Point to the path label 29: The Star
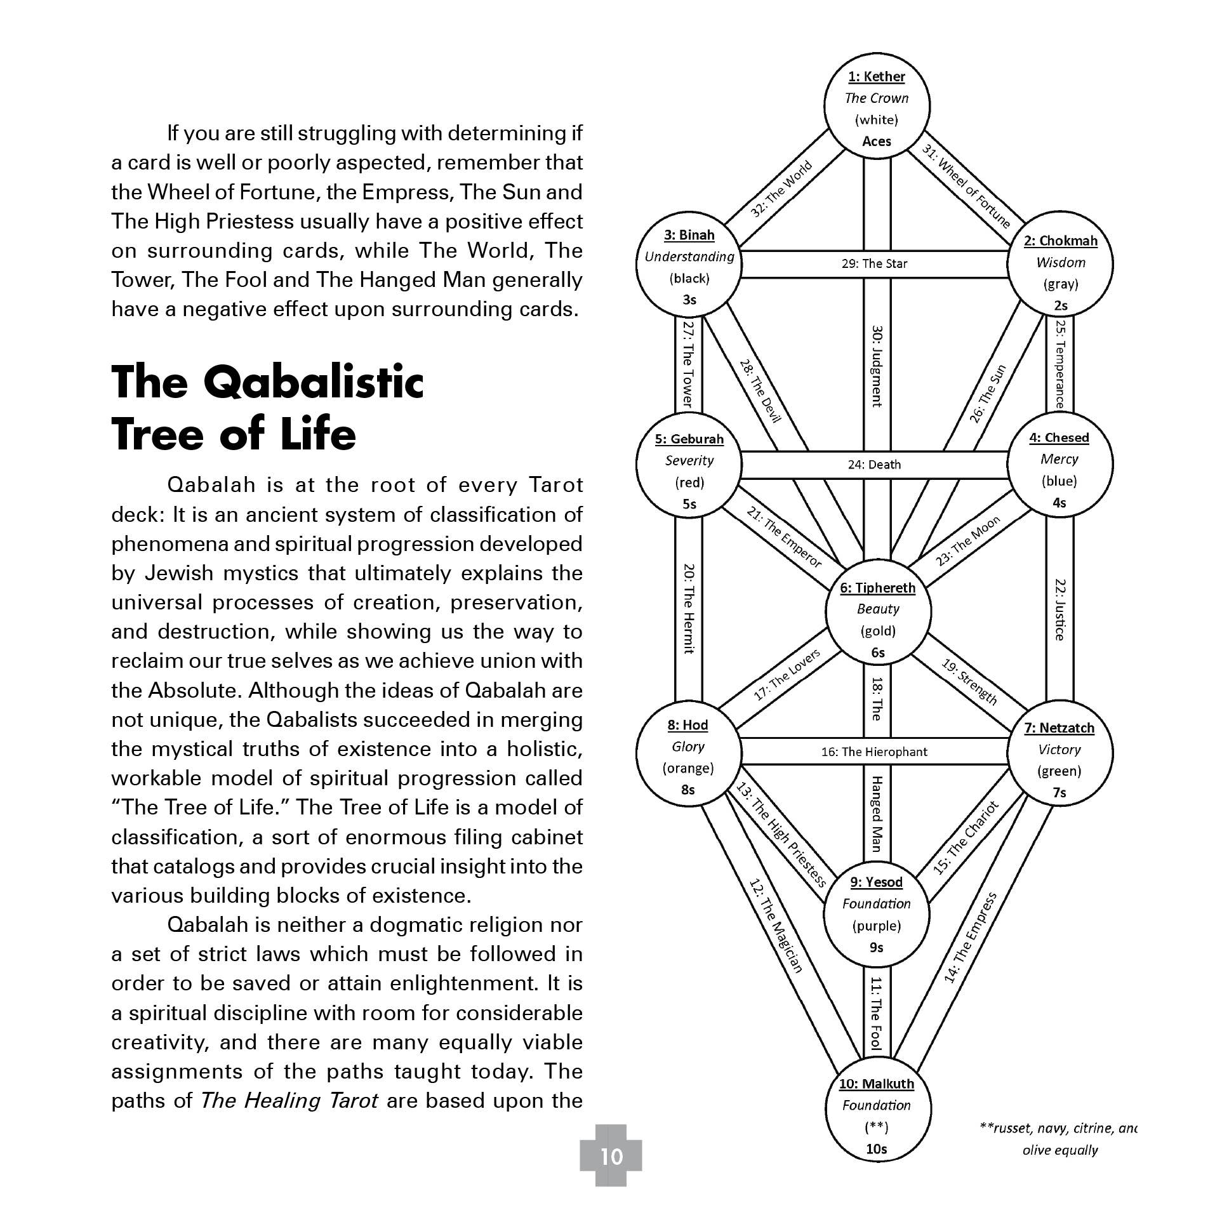(874, 263)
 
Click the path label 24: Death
(874, 465)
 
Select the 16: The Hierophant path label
(874, 752)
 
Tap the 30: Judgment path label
(877, 366)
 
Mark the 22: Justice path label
(1059, 609)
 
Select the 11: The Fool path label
(876, 1013)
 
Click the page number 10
(611, 1156)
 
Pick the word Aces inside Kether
(877, 142)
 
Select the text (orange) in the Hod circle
(688, 769)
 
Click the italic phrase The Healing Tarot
(289, 1100)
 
